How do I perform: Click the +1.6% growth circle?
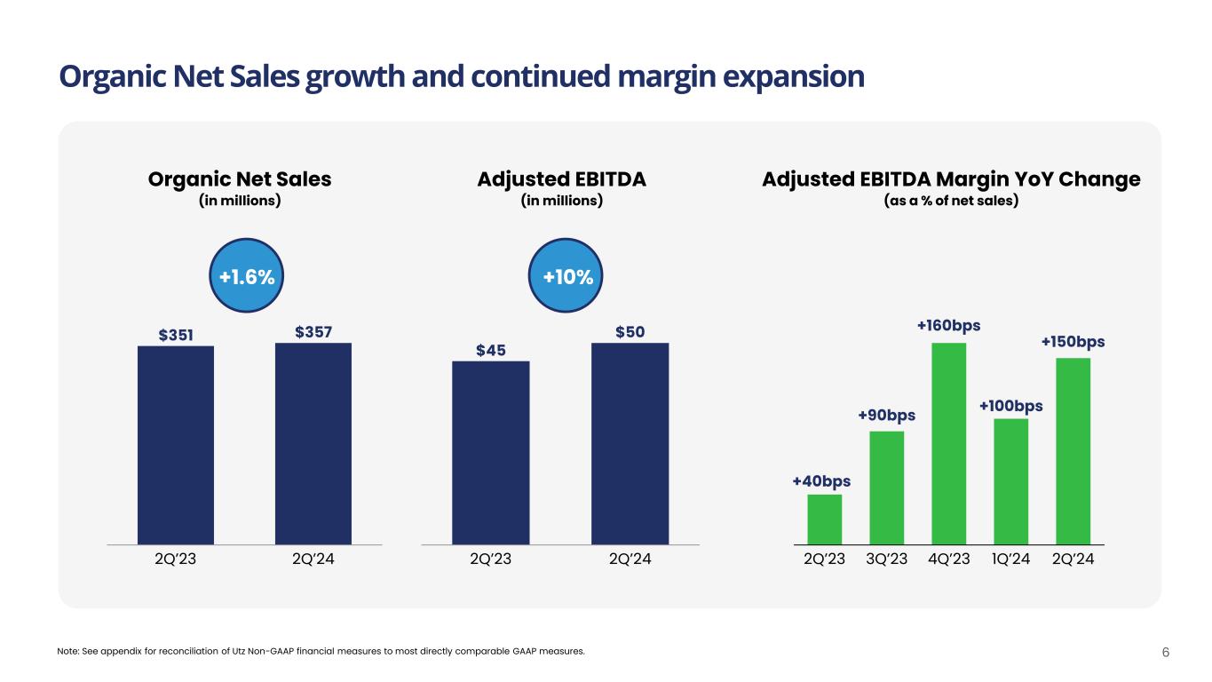246,278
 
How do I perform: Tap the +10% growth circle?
567,278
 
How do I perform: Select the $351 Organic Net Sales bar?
176,444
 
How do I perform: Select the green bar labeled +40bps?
825,519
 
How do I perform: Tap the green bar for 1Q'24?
1010,480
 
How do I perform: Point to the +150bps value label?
1073,342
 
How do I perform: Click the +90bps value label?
886,416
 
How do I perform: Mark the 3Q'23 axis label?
886,560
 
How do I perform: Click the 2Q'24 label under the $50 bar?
630,560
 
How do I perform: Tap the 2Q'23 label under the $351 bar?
176,560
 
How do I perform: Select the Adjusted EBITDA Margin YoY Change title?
951,179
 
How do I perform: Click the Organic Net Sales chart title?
239,179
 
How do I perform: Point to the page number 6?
1166,652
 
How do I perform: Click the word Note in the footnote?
67,652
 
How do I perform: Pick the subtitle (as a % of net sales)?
951,202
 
